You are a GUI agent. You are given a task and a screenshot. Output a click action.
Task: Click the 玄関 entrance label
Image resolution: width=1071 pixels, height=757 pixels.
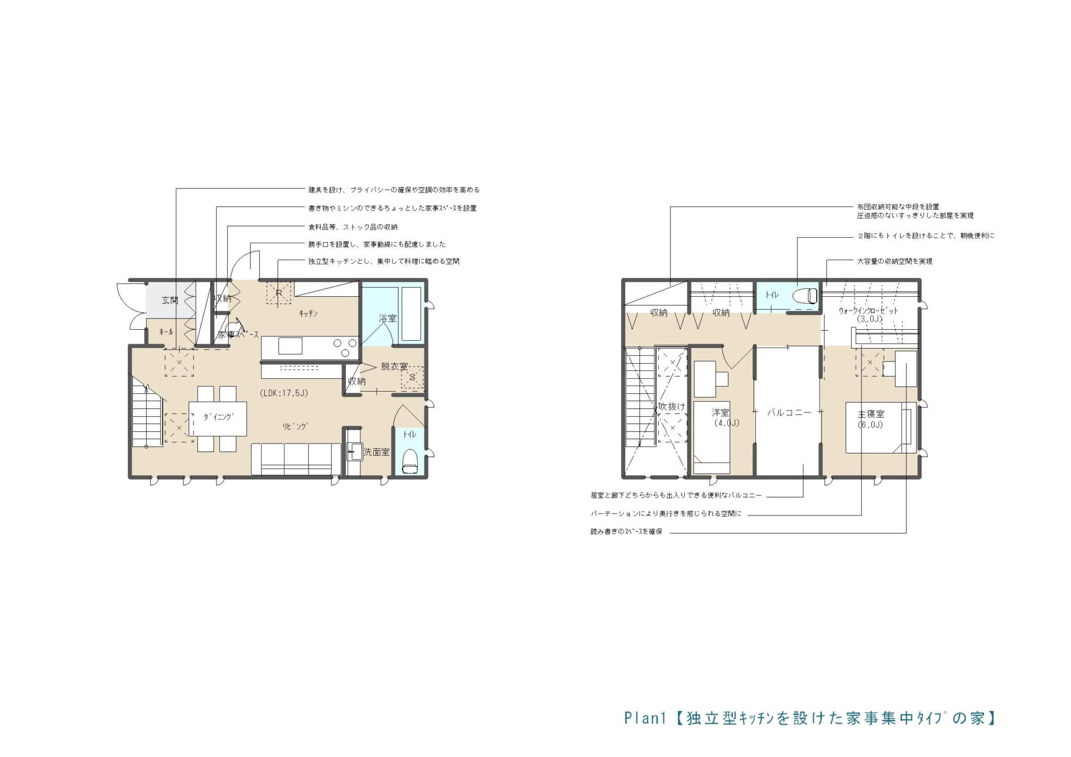click(170, 300)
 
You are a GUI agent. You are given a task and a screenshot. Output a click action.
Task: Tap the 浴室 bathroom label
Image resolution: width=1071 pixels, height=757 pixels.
click(388, 318)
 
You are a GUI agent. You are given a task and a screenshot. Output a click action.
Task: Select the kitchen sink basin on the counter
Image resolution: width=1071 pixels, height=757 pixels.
click(290, 346)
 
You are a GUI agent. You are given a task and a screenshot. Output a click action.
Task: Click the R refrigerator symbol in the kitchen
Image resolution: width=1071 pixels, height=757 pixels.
click(279, 292)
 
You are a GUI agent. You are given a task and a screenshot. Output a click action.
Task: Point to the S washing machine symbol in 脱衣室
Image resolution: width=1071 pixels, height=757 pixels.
click(412, 378)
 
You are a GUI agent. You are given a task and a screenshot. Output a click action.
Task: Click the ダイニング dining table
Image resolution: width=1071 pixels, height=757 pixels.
click(218, 418)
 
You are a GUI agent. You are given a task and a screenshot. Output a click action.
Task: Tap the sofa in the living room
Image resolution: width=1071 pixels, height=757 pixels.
click(296, 459)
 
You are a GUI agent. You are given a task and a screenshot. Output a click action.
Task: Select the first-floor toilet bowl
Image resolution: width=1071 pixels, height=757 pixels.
click(410, 461)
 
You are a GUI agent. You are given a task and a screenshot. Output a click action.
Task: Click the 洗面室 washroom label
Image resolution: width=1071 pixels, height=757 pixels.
click(377, 452)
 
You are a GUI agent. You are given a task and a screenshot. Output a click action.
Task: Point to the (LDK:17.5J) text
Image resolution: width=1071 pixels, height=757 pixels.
click(284, 393)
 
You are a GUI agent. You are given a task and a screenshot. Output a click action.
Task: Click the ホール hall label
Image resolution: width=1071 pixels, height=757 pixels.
click(166, 332)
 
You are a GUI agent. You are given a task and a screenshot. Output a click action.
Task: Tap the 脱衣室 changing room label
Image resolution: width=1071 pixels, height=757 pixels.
click(394, 367)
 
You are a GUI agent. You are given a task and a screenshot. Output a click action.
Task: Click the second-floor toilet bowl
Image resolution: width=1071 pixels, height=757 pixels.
click(805, 295)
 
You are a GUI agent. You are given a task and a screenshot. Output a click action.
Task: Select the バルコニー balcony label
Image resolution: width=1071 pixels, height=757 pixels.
click(789, 413)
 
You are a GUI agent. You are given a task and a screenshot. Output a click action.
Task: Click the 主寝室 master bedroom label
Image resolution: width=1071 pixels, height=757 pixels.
click(871, 414)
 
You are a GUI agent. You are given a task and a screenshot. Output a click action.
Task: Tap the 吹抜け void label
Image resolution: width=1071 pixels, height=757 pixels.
click(672, 407)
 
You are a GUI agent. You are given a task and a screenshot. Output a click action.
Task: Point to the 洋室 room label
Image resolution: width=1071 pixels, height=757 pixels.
click(720, 413)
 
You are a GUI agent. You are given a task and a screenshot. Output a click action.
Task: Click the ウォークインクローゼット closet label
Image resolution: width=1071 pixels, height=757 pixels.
click(869, 311)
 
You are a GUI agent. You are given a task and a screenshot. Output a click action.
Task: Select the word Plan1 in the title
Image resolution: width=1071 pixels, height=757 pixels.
click(645, 718)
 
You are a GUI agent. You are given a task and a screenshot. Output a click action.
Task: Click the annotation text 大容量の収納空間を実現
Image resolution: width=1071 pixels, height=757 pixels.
click(895, 261)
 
